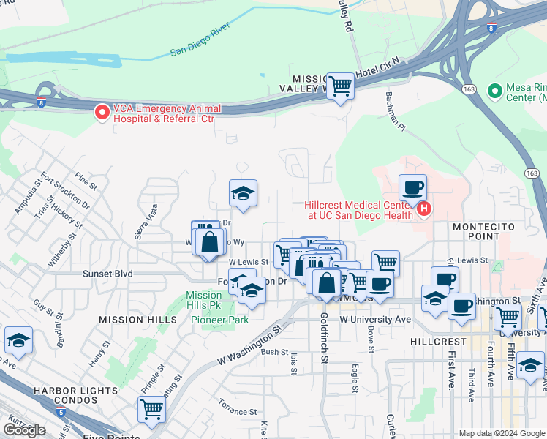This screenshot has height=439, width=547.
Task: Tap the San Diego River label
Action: coord(200,42)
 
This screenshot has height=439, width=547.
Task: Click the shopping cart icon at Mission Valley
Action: coord(340,86)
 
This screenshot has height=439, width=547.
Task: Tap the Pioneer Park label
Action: coord(219,320)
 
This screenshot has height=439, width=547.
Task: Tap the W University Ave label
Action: coord(375,319)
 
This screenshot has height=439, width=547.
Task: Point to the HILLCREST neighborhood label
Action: coord(438,342)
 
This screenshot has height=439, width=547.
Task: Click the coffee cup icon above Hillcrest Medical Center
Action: coord(413,187)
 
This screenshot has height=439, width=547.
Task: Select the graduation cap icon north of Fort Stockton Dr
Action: coord(244,193)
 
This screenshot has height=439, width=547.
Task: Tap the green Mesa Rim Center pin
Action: coord(497,91)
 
